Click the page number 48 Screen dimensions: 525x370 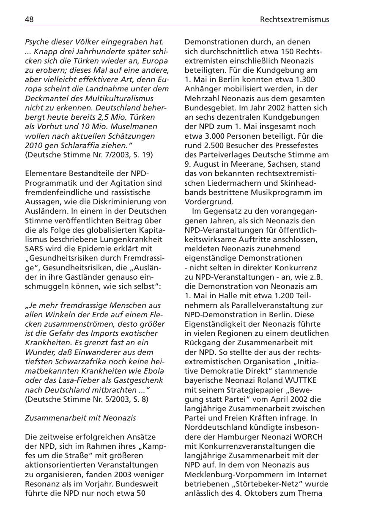tap(29, 19)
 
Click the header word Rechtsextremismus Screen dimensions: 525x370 tap(294, 19)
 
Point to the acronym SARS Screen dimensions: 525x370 tap(34, 248)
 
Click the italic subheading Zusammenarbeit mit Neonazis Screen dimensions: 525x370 tap(80, 418)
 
